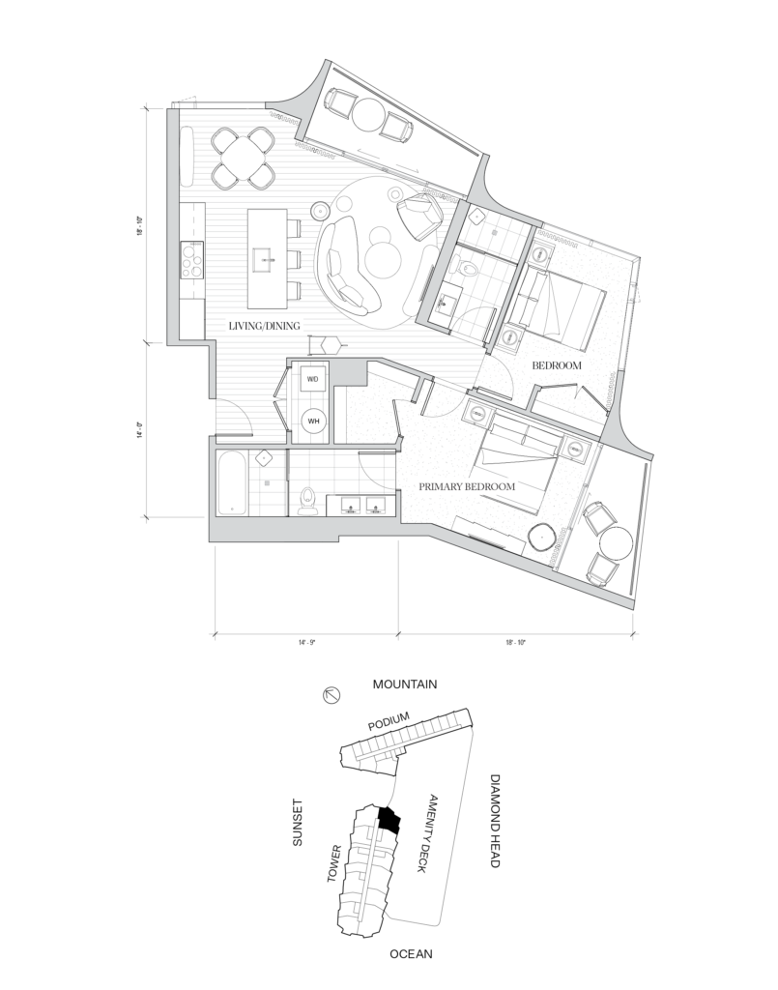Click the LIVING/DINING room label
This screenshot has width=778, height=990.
coord(264,326)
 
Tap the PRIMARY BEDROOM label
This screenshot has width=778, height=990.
coord(467,486)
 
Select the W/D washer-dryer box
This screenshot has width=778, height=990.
coord(313,379)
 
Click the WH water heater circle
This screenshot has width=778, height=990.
coord(313,422)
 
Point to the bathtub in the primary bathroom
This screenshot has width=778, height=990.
coord(232,483)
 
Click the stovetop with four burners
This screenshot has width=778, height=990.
coord(191,259)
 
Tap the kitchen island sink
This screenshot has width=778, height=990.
coord(265,257)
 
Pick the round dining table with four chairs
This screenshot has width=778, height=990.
coord(243,158)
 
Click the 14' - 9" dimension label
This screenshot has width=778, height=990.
coord(307,643)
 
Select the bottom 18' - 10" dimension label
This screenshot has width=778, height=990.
coord(515,643)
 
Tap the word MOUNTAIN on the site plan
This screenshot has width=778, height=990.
coord(404,684)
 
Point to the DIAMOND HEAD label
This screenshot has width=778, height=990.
coord(496,821)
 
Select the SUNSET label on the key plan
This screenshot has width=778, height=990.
coord(298,823)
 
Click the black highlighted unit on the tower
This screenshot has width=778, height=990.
coord(389,820)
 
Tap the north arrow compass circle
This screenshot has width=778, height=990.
coord(331,696)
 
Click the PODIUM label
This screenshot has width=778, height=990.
coord(389,720)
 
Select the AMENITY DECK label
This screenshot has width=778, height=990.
coord(427,832)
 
